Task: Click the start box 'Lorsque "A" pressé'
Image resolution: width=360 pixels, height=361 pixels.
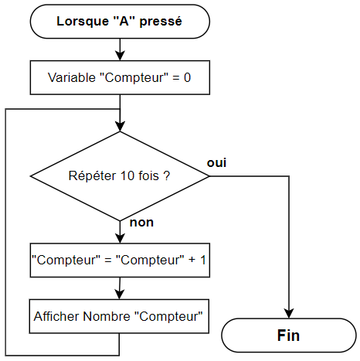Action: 120,22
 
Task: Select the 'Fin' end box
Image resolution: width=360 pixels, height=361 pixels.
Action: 289,335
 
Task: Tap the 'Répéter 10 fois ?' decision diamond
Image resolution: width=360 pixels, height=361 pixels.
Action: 120,176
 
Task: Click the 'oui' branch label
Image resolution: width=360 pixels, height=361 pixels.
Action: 216,163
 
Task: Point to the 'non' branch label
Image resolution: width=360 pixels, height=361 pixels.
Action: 141,223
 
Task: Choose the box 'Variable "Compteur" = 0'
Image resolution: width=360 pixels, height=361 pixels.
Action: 120,77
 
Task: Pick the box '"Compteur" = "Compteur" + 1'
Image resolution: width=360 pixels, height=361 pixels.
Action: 120,260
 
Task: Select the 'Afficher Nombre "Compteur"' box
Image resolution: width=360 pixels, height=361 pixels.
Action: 119,316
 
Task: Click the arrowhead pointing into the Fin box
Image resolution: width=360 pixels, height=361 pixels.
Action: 289,313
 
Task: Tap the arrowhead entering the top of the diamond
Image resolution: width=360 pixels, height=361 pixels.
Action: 120,127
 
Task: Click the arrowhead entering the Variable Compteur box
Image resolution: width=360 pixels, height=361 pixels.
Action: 120,56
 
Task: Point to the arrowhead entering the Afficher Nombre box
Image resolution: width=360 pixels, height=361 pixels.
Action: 119,295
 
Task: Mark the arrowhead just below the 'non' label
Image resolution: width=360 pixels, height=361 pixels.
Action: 120,238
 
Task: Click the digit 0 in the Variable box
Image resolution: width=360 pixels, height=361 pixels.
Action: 187,77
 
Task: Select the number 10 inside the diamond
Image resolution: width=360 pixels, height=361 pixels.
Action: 127,175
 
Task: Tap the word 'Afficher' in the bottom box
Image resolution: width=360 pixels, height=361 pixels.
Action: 56,316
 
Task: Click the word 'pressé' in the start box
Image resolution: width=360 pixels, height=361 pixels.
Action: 161,22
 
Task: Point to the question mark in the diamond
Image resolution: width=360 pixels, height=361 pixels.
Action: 167,175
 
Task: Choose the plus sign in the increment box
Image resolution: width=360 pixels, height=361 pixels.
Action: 192,260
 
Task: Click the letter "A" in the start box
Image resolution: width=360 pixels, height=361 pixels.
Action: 124,21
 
